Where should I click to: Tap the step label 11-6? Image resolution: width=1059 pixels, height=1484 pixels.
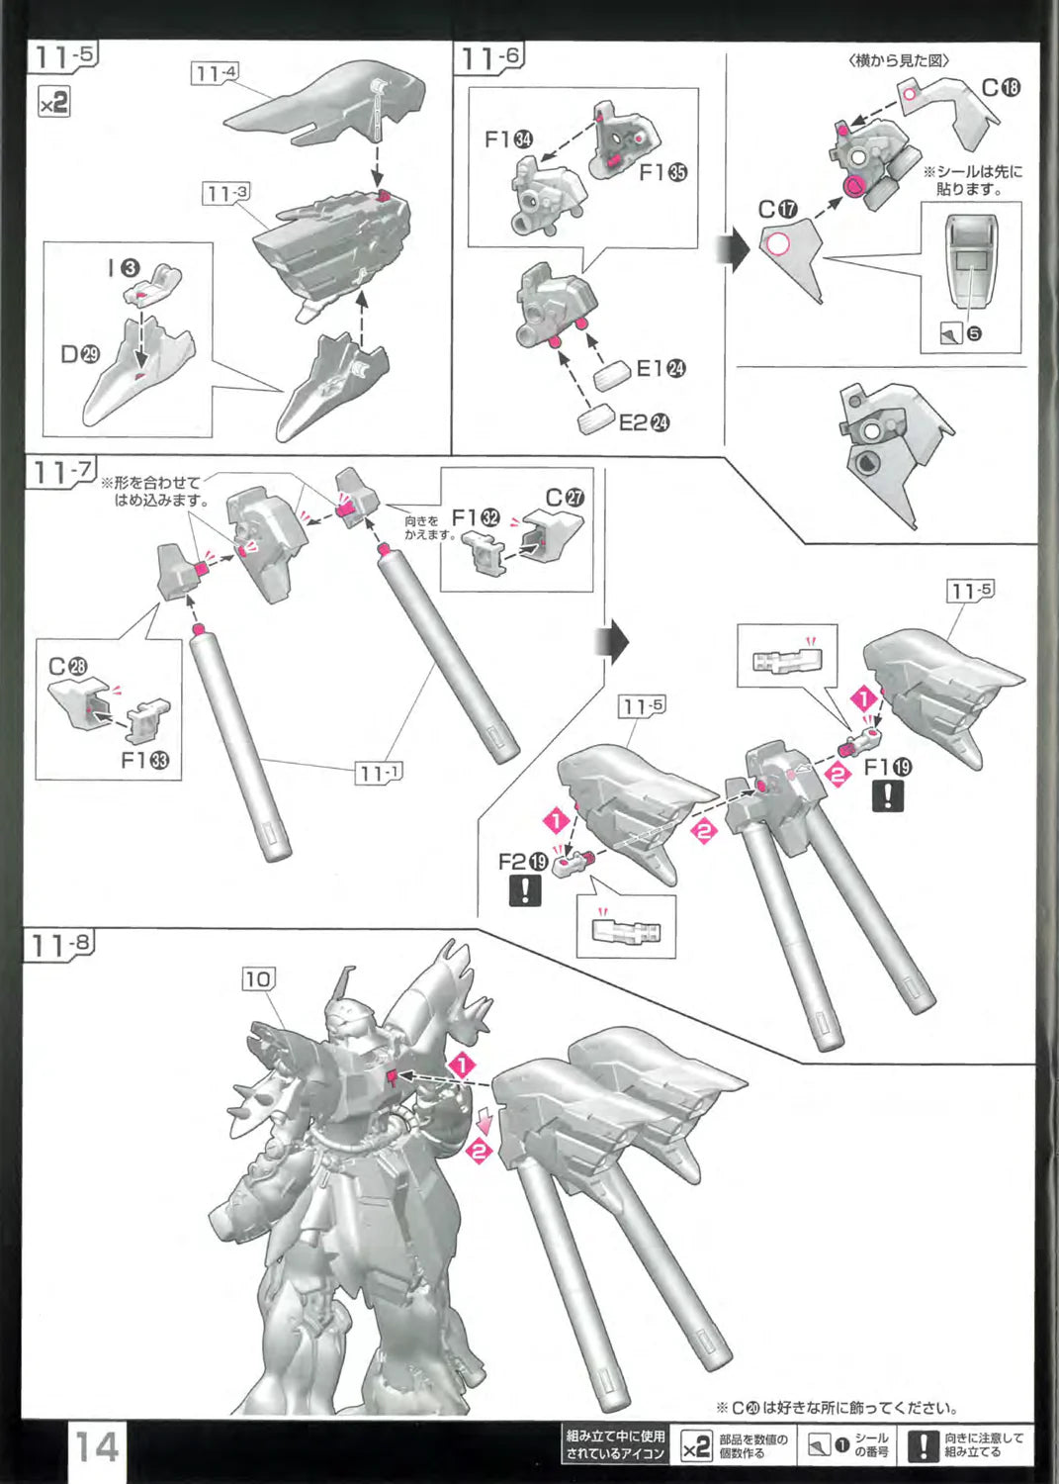coord(489,58)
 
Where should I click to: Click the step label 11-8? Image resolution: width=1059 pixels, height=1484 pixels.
coord(60,944)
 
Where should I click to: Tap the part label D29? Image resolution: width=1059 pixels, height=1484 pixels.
coord(80,354)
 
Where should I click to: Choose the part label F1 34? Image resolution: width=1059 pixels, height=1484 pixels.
coord(508,139)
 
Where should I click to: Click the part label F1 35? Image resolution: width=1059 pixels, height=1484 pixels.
coord(662,172)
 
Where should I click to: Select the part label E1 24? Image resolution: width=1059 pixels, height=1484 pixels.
coord(661,369)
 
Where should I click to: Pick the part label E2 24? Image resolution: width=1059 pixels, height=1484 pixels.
coord(644,423)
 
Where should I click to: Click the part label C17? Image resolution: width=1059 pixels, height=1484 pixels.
coord(777,210)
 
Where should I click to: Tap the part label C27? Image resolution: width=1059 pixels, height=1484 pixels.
coord(565,498)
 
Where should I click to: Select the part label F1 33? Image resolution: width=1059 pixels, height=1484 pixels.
coord(144,760)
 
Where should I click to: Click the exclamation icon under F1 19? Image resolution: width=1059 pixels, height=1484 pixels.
coord(887,795)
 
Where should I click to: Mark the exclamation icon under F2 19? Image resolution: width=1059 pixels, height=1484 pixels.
coord(524,890)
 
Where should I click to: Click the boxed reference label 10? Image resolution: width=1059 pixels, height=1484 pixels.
coord(257,978)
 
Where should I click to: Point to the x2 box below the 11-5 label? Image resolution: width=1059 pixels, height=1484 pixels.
coord(53,101)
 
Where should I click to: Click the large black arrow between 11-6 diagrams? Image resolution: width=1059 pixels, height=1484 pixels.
coord(739,251)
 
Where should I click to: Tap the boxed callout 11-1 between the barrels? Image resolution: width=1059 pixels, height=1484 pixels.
coord(379,773)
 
